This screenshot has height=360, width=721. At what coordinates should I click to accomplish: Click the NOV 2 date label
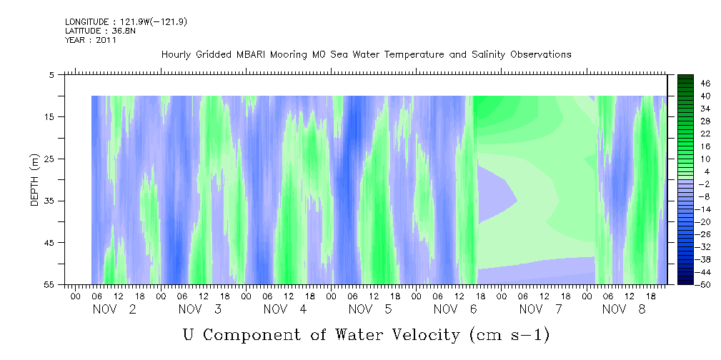[114, 309]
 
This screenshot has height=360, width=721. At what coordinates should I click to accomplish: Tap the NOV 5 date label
[370, 309]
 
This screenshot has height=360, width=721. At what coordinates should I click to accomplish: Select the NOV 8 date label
[624, 309]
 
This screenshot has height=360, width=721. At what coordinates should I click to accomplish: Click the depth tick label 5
[51, 75]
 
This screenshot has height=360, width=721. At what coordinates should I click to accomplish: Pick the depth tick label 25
[49, 159]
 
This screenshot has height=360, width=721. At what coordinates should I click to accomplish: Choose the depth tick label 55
[49, 284]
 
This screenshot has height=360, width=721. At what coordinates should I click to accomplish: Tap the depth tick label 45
[49, 243]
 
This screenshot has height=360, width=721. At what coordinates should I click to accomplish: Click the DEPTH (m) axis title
[35, 179]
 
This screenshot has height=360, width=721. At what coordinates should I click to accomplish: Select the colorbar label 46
[706, 84]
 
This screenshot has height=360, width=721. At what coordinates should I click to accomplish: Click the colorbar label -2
[704, 184]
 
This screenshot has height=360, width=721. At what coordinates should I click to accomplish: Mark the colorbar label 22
[706, 134]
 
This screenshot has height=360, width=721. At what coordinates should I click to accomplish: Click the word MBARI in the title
[251, 55]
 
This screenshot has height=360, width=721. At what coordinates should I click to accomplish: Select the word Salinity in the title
[488, 55]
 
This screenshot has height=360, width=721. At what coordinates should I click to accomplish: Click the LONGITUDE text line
[126, 22]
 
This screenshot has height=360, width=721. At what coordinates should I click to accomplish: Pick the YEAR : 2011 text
[91, 40]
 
